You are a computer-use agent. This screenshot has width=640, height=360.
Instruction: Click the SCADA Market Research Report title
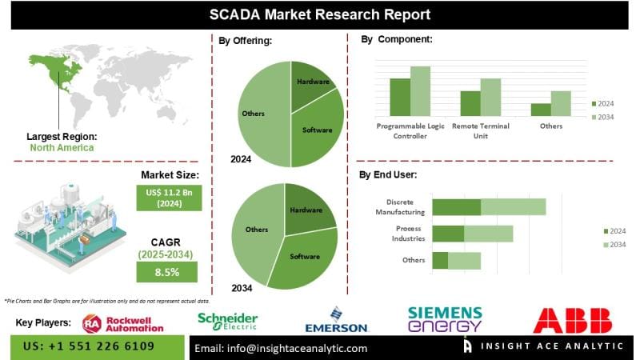point(320,14)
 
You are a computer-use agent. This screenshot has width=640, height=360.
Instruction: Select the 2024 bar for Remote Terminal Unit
point(470,103)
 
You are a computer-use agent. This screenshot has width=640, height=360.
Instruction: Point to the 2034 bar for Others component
point(561,103)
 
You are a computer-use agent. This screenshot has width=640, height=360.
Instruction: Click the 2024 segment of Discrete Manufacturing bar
point(456,207)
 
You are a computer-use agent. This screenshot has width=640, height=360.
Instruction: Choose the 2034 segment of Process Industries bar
point(488,234)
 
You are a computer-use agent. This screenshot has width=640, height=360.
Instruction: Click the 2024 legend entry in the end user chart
point(613,231)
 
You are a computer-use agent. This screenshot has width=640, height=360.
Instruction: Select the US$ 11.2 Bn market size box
point(170,197)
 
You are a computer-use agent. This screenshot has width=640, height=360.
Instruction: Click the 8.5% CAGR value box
point(170,272)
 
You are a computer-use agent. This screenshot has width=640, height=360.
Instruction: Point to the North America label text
point(62,148)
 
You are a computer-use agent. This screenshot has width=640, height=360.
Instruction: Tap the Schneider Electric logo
point(228,322)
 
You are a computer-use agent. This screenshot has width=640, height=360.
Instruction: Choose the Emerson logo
point(336,321)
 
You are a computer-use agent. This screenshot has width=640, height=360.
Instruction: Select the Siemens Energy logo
point(445,320)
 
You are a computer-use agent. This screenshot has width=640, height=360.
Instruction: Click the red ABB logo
point(573,320)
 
